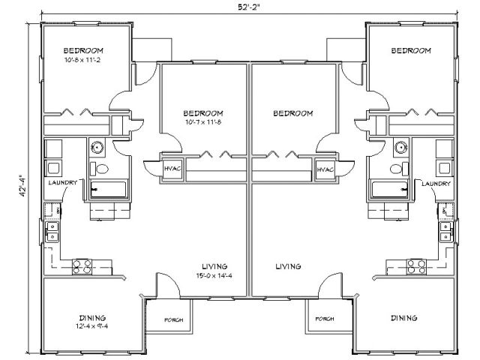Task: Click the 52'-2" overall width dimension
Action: (248, 7)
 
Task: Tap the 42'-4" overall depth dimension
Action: (22, 185)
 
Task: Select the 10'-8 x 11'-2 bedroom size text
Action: (82, 60)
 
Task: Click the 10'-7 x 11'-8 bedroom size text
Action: (203, 122)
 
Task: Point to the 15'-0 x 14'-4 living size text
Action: (214, 276)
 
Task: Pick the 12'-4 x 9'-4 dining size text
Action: (91, 326)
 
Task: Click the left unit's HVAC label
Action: (172, 168)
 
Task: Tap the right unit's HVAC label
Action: (325, 169)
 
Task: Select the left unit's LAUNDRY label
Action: (63, 183)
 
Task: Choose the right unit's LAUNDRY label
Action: (436, 184)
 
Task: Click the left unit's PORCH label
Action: (173, 320)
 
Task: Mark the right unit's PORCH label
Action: (325, 319)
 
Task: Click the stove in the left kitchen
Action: (82, 267)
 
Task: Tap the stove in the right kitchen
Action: (416, 266)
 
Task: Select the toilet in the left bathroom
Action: (99, 169)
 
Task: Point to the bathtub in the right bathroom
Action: (390, 189)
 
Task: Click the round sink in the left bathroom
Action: (97, 147)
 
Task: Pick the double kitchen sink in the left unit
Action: (52, 232)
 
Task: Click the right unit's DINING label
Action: (404, 318)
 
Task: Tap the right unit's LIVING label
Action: (288, 267)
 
